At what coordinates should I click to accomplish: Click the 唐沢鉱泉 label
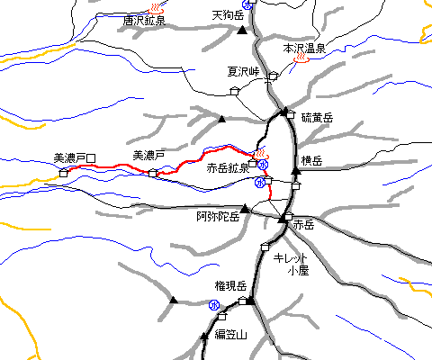pyautogui.click(x=144, y=20)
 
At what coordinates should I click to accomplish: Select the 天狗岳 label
pyautogui.click(x=229, y=15)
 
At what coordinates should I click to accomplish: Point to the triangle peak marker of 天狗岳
pyautogui.click(x=241, y=31)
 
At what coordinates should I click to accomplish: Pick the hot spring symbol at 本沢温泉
pyautogui.click(x=303, y=61)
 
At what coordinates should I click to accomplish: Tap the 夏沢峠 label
pyautogui.click(x=243, y=71)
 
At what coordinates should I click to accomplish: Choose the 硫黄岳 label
pyautogui.click(x=317, y=118)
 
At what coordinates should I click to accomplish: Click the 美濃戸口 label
pyautogui.click(x=75, y=157)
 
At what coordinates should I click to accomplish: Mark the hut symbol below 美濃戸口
pyautogui.click(x=64, y=171)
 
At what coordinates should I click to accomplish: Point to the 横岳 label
pyautogui.click(x=312, y=160)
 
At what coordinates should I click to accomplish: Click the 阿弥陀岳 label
pyautogui.click(x=218, y=217)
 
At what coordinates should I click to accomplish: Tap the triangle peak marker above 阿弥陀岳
pyautogui.click(x=244, y=208)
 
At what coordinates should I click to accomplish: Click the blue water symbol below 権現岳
pyautogui.click(x=214, y=304)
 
